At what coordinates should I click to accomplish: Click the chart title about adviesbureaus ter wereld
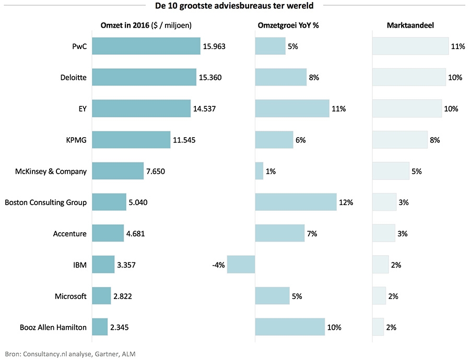click(234, 6)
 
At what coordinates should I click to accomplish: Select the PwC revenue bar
click(146, 46)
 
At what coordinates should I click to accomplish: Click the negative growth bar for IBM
click(241, 265)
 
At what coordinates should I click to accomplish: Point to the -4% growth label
click(218, 265)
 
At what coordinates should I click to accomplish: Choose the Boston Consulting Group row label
click(45, 202)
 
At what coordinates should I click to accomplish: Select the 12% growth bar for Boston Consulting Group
click(296, 202)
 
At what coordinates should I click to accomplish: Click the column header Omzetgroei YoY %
click(288, 26)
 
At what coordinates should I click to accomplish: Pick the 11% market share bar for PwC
click(410, 46)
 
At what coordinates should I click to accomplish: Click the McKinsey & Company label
click(52, 171)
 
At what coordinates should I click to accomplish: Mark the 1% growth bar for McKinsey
click(259, 171)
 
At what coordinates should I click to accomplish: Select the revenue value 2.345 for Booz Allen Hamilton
click(119, 328)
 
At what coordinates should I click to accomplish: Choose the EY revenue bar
click(142, 109)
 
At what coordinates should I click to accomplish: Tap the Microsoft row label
click(70, 296)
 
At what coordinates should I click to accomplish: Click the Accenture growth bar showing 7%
click(279, 234)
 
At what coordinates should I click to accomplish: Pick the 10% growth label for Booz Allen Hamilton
click(334, 328)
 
